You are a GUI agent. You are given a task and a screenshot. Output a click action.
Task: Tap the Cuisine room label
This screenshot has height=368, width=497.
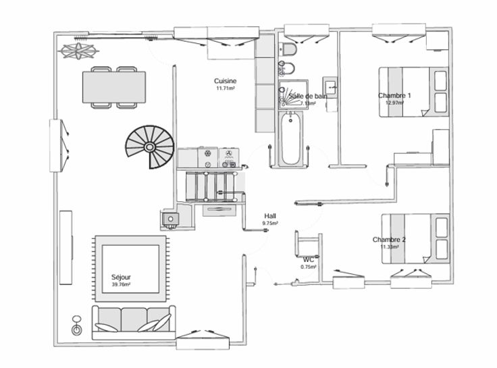(x=225, y=81)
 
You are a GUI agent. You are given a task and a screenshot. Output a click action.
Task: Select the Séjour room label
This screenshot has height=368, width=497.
(x=121, y=278)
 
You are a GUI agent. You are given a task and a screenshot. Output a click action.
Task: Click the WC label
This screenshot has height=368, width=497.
(x=309, y=259)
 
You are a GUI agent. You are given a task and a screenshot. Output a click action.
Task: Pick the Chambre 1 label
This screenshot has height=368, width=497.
(x=394, y=95)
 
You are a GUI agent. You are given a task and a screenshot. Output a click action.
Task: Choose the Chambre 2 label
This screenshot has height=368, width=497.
(x=389, y=240)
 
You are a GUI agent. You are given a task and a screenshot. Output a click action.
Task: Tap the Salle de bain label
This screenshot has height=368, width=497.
(x=309, y=97)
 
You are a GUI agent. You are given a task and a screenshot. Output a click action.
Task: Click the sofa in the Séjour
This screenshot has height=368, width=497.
(x=131, y=319)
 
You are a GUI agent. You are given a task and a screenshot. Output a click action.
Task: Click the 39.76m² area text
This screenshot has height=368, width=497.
(x=121, y=285)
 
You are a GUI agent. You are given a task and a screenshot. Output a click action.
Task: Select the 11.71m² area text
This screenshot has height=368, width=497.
(x=225, y=88)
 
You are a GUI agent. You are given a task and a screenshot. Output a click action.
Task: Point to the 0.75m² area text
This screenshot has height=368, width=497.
(x=309, y=267)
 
